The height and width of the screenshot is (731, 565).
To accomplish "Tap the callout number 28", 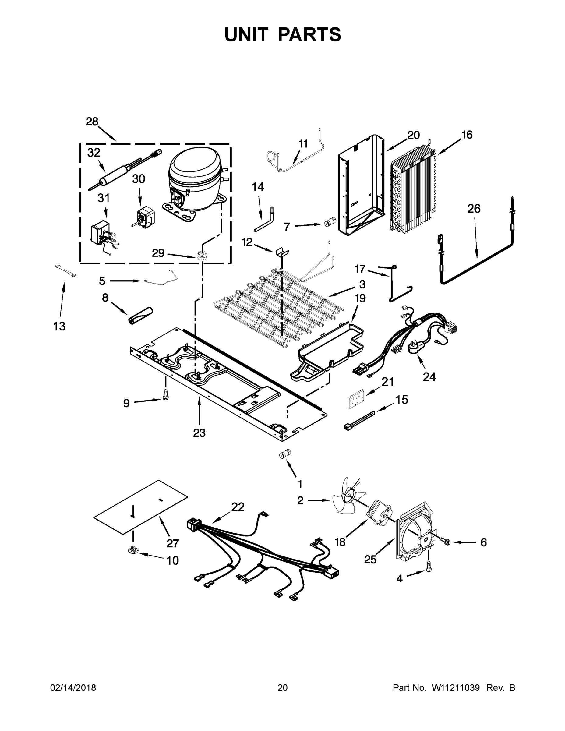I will click(x=92, y=122).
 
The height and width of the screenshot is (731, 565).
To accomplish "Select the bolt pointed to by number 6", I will click(x=447, y=541).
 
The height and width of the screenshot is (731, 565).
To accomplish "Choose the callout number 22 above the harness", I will click(x=238, y=507).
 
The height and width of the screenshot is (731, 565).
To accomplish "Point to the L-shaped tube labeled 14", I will click(x=265, y=221).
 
